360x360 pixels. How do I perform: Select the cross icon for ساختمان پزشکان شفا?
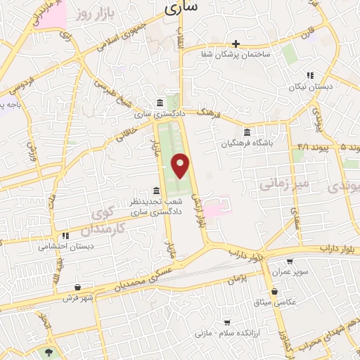(x=236, y=44)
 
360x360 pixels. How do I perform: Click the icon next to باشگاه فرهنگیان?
(x=246, y=132)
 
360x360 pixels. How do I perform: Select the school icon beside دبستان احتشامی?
(x=65, y=236)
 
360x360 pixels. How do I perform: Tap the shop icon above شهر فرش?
(x=77, y=287)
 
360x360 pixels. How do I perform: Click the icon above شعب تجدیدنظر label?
(x=156, y=191)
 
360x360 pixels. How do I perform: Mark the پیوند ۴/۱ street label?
(x=309, y=147)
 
